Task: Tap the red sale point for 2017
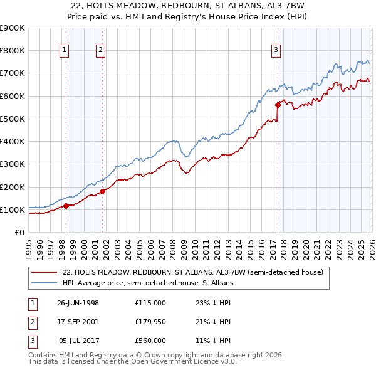278,105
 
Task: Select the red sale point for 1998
66,206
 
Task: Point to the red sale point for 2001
103,191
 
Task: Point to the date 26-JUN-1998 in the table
78,303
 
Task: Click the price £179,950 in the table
150,322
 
